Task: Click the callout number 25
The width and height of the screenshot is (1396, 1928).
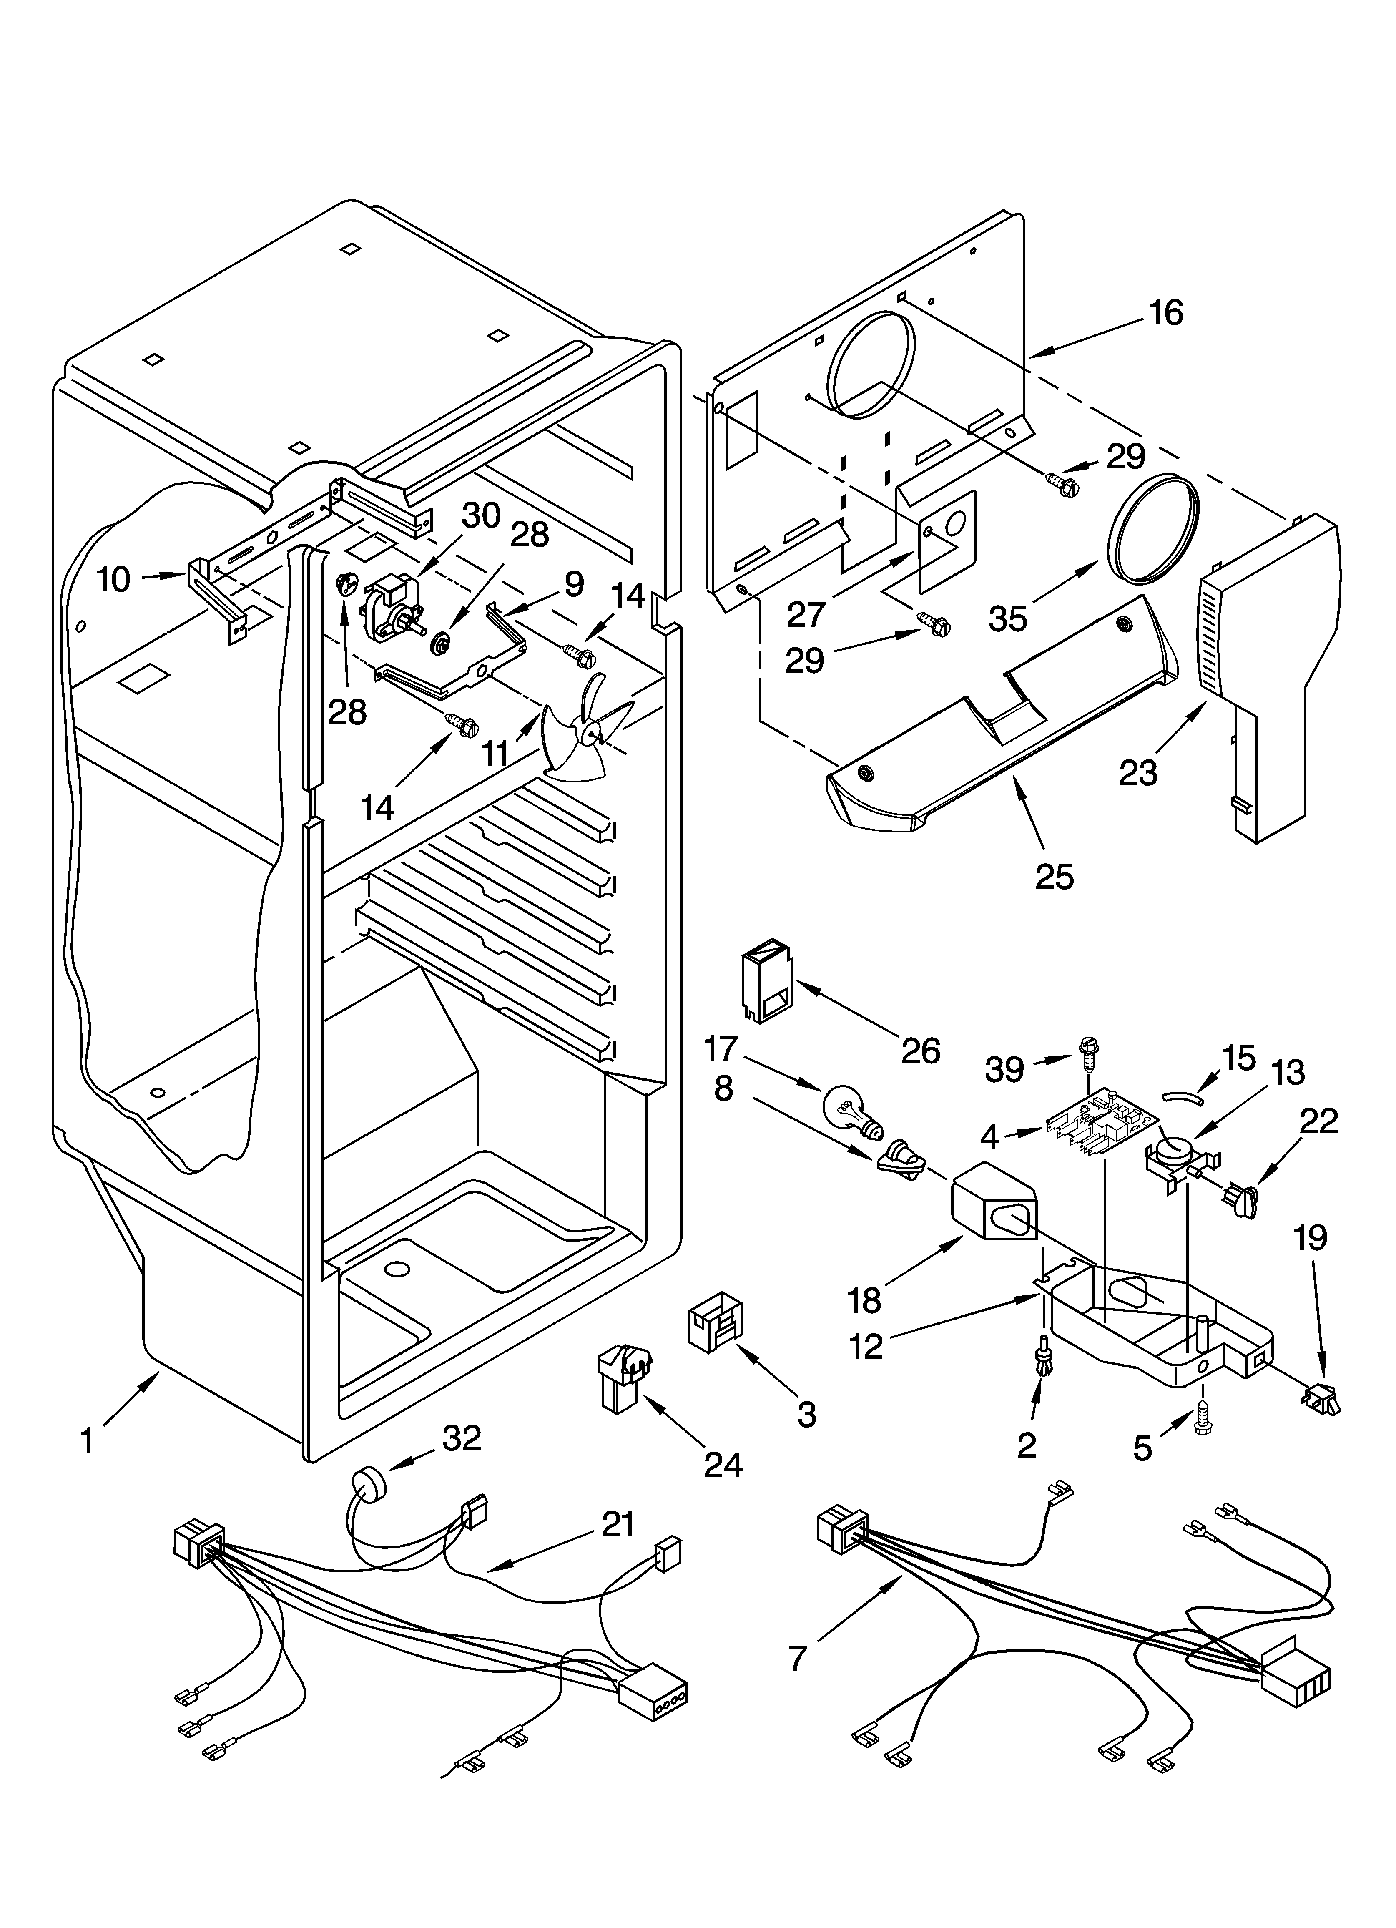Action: point(1054,877)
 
